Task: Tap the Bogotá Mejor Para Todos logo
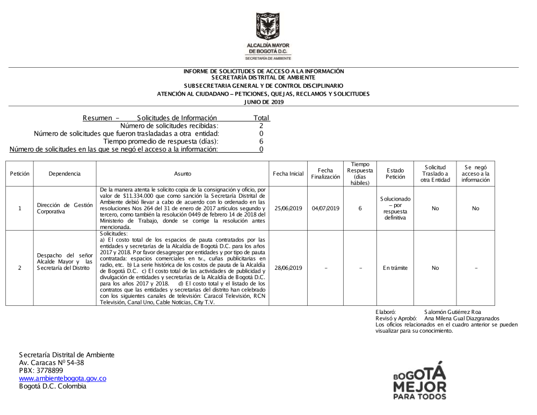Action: (x=419, y=381)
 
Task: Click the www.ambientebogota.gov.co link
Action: (x=62, y=378)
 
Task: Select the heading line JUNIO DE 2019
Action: (x=263, y=101)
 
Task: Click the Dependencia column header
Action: (x=64, y=174)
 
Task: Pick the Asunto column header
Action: (x=183, y=174)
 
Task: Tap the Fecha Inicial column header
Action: (x=288, y=174)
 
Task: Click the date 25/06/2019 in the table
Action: (x=288, y=208)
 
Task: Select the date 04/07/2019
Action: (x=325, y=208)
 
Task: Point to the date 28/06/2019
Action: (x=288, y=268)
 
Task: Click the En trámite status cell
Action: (x=395, y=268)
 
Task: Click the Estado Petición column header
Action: (x=395, y=174)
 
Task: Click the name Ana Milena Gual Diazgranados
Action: (x=461, y=318)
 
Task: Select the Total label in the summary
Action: (x=261, y=118)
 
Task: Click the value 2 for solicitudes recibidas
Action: (x=261, y=126)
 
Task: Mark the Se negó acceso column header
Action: (x=475, y=174)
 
